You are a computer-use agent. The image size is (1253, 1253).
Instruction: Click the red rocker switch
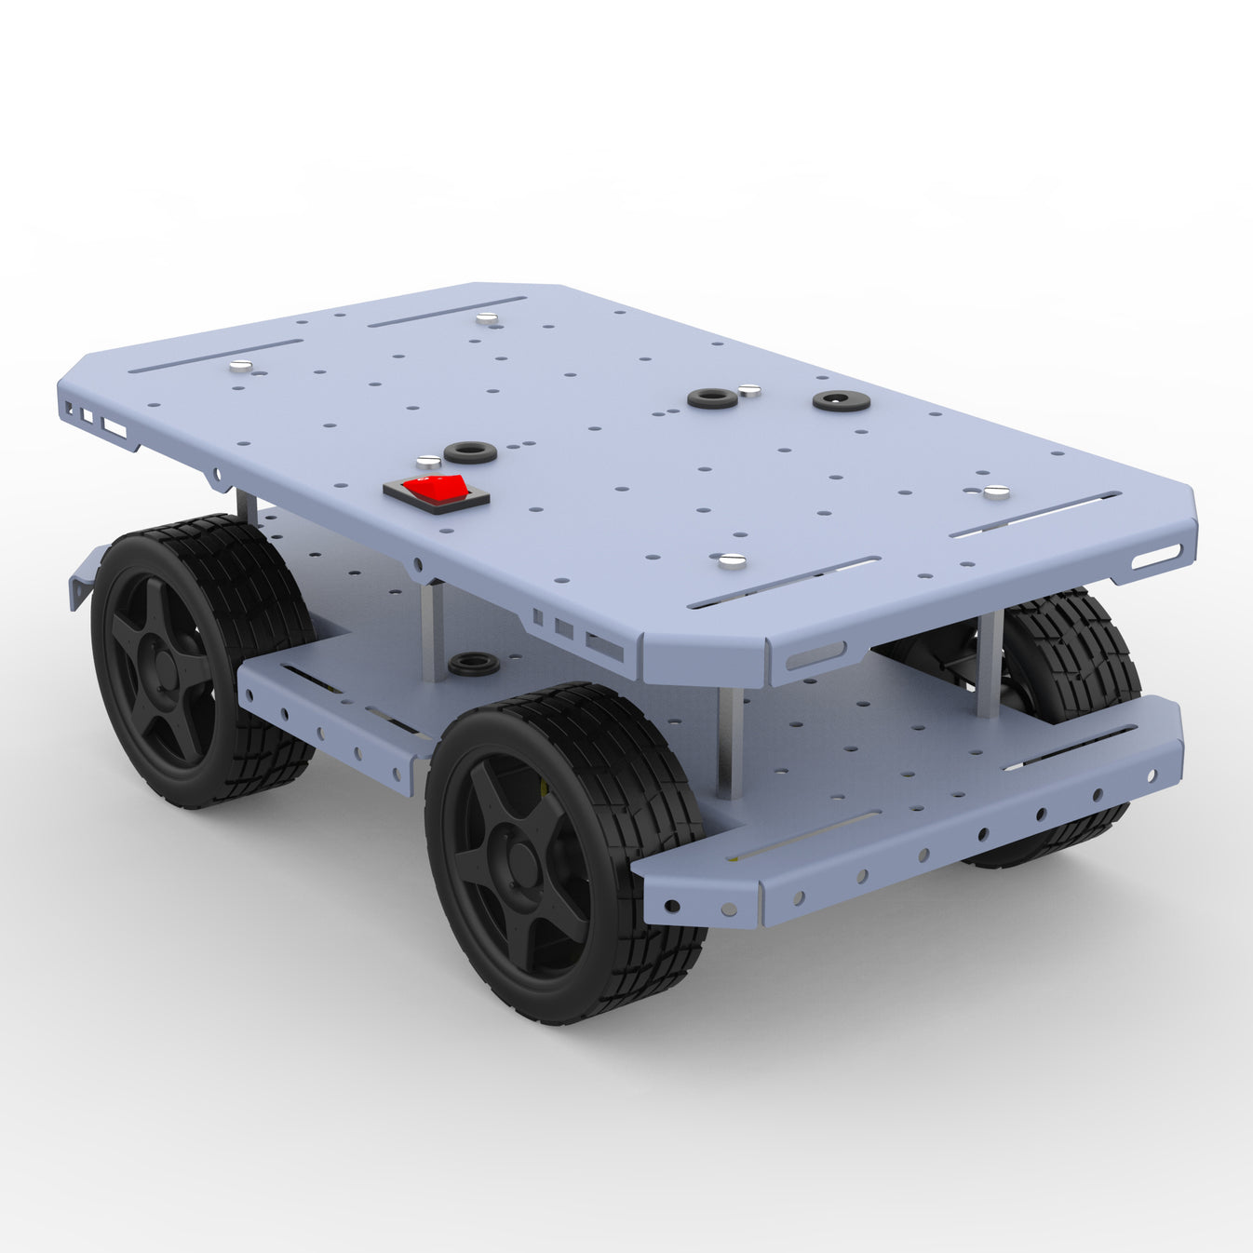click(x=436, y=489)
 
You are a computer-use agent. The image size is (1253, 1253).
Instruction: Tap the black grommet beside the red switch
click(x=470, y=452)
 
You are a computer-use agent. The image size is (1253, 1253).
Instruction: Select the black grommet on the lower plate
click(x=473, y=665)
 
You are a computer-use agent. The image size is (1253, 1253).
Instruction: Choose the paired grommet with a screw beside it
click(x=713, y=398)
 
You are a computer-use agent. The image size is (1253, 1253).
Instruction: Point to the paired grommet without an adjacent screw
click(x=841, y=401)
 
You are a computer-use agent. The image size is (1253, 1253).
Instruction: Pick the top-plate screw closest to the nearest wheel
click(x=733, y=560)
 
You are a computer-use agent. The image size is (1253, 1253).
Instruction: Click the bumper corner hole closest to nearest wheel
click(x=671, y=905)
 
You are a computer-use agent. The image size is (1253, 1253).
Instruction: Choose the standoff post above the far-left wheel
click(x=246, y=507)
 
